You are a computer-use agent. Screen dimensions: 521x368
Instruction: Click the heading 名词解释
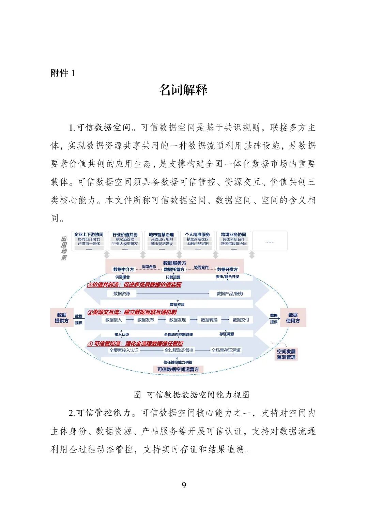(x=183, y=90)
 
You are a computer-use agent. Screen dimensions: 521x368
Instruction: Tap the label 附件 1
(x=63, y=73)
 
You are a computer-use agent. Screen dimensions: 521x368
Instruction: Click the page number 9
(x=184, y=485)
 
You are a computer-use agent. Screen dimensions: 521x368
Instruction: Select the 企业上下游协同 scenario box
(x=89, y=241)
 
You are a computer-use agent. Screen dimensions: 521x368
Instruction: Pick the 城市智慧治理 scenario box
(x=162, y=241)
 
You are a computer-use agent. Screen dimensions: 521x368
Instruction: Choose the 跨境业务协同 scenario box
(x=234, y=241)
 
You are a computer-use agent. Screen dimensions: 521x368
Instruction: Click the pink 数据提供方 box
(x=62, y=318)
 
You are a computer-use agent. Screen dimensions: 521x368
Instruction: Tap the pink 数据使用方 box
(x=293, y=318)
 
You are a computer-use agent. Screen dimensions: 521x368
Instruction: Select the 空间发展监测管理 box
(x=286, y=354)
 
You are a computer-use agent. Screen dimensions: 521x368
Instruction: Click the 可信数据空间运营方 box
(x=178, y=369)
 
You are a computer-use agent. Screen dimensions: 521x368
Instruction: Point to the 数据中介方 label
(x=123, y=269)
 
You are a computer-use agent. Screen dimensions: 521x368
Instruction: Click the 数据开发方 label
(x=227, y=269)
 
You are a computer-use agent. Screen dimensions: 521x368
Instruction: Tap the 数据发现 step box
(x=178, y=320)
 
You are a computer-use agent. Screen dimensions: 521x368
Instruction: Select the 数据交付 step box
(x=241, y=320)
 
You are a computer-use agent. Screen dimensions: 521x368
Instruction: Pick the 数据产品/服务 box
(x=230, y=294)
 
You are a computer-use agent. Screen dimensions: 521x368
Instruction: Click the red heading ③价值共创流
(x=134, y=285)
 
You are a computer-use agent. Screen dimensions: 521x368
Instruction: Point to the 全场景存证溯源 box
(x=226, y=350)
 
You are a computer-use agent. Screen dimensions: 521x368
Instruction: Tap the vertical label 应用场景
(x=64, y=248)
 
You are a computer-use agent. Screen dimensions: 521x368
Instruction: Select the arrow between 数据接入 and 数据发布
(x=130, y=320)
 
